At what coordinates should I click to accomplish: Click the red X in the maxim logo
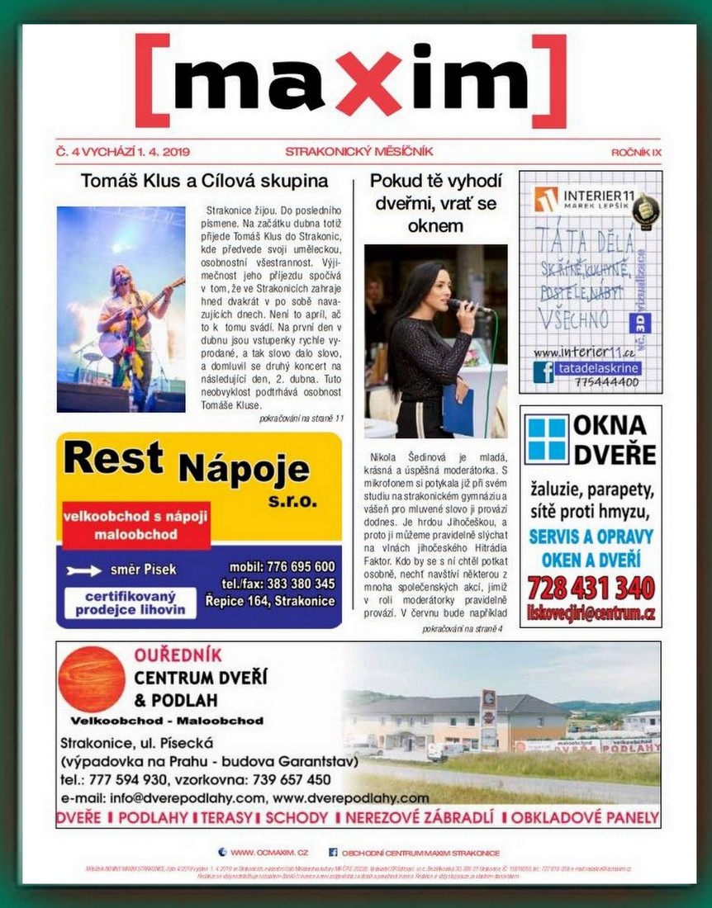(357, 78)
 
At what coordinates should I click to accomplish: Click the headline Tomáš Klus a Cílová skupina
(204, 181)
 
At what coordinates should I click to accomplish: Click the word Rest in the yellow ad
(113, 460)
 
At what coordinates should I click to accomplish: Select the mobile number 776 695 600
(294, 566)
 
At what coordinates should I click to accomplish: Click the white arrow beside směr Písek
(83, 570)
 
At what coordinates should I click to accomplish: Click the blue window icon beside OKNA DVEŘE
(547, 438)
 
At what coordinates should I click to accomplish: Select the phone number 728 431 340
(591, 588)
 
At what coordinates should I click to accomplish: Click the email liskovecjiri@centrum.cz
(591, 612)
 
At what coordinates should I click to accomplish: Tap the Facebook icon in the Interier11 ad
(543, 371)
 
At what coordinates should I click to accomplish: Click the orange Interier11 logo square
(546, 198)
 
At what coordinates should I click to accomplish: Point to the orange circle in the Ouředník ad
(92, 679)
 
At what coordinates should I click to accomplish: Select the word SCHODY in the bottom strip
(297, 817)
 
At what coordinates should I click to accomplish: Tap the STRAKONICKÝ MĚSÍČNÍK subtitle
(358, 152)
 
